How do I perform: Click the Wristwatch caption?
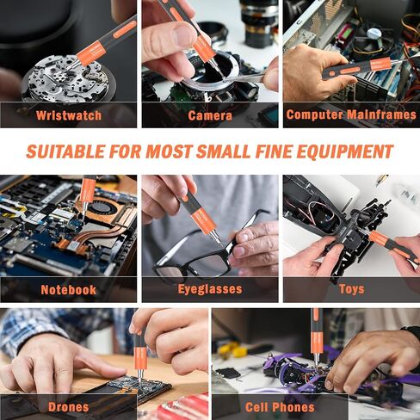click(x=69, y=115)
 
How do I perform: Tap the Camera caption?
click(x=210, y=115)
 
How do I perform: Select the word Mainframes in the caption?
click(x=381, y=114)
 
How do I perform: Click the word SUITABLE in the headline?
click(x=65, y=151)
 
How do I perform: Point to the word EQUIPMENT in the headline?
click(x=345, y=151)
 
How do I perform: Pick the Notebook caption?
click(x=69, y=290)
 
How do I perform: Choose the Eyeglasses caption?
click(x=210, y=289)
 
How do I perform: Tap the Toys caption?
click(x=352, y=289)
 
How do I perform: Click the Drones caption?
click(x=69, y=407)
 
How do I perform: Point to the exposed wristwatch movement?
click(x=65, y=80)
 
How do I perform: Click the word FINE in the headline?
click(x=273, y=151)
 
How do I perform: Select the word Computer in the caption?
click(x=314, y=114)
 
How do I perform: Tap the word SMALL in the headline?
click(x=223, y=151)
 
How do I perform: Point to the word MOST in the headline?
click(x=169, y=151)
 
